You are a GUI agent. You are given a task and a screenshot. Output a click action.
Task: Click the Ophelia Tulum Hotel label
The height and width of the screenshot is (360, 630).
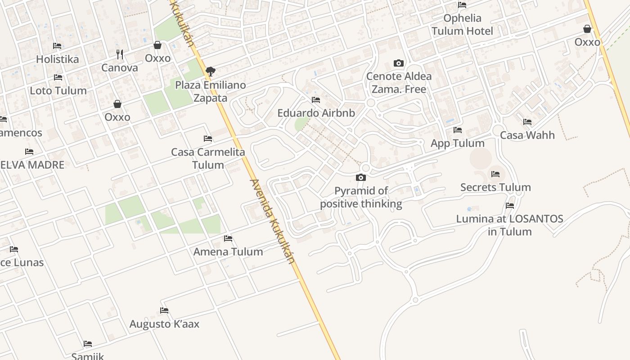462,25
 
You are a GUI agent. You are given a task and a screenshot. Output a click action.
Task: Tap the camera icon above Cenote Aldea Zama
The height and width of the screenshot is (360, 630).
398,63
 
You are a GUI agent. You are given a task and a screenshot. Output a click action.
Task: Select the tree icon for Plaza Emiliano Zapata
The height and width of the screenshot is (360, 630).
210,71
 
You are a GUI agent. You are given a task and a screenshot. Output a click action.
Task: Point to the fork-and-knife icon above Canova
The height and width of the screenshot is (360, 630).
120,54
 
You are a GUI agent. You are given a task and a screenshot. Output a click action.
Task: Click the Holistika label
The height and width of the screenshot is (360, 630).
57,59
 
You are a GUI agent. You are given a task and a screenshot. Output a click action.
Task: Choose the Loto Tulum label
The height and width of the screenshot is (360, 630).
58,90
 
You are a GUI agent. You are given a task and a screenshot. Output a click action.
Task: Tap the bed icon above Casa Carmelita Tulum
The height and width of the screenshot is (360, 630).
208,139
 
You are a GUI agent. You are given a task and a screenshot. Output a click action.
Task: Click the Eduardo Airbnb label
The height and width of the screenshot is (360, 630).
316,113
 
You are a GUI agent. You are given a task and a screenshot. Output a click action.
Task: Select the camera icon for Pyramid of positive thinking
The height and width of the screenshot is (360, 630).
361,178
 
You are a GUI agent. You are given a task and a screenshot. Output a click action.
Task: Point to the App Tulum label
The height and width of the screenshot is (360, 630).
457,143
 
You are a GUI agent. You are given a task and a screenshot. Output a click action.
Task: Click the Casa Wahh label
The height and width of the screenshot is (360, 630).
527,135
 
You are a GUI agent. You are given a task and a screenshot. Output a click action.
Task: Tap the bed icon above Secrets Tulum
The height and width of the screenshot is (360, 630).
495,174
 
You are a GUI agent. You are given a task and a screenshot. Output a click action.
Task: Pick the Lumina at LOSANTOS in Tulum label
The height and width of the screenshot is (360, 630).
509,225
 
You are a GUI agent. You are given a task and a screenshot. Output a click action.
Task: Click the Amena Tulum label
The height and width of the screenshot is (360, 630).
228,252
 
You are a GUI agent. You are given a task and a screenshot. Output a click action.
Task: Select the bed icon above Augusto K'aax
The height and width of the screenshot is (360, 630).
164,310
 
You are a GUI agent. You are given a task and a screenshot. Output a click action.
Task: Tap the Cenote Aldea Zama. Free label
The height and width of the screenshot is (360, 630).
398,83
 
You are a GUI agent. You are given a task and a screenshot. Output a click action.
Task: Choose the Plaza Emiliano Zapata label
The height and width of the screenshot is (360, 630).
210,91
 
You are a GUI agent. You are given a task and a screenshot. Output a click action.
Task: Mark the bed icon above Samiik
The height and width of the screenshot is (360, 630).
88,344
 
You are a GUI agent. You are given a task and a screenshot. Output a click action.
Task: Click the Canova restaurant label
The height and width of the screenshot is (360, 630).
119,68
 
